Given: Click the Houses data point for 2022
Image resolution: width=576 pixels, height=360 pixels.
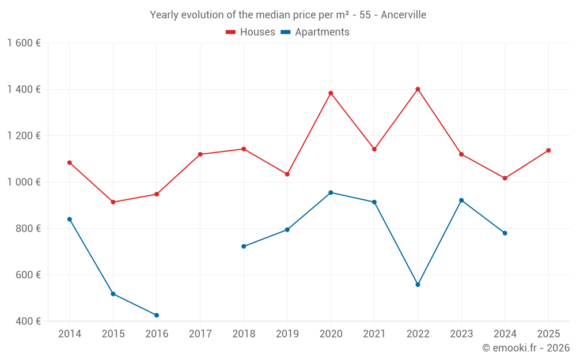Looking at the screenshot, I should [x=418, y=89].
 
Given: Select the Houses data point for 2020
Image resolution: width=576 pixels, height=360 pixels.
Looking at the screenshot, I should [x=331, y=93].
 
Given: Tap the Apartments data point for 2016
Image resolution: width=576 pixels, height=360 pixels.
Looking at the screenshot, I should [x=157, y=315].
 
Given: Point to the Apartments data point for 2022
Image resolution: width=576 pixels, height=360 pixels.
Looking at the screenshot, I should [x=418, y=285].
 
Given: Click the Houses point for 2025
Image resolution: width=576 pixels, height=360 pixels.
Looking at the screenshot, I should [x=548, y=150].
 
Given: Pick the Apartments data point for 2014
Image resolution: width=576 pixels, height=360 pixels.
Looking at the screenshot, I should [x=70, y=219].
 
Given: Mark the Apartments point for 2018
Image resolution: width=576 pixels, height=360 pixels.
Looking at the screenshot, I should [x=244, y=247].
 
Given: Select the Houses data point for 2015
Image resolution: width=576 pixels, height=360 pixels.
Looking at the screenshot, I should [x=113, y=202].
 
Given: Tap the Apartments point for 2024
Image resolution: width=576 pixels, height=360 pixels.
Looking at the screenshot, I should [x=505, y=233].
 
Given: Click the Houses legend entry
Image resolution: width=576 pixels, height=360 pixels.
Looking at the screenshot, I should [x=251, y=32].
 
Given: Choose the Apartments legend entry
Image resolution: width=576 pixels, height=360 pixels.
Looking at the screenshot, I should [x=315, y=32].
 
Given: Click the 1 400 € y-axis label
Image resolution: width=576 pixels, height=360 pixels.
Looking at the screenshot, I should [x=24, y=89].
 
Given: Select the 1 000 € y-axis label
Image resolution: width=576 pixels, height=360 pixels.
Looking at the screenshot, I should [x=24, y=182].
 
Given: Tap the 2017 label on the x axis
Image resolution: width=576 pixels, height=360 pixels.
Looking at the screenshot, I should [x=200, y=334].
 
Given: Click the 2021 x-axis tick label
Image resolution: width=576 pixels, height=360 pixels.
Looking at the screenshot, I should [x=374, y=334].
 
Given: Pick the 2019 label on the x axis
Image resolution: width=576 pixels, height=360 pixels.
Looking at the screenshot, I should [x=287, y=334].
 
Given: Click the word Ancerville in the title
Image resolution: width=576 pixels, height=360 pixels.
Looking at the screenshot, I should [x=403, y=15].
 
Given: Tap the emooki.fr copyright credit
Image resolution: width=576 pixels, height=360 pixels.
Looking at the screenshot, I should [x=526, y=348].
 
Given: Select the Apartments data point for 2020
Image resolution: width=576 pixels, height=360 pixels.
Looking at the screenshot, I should [x=331, y=192].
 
